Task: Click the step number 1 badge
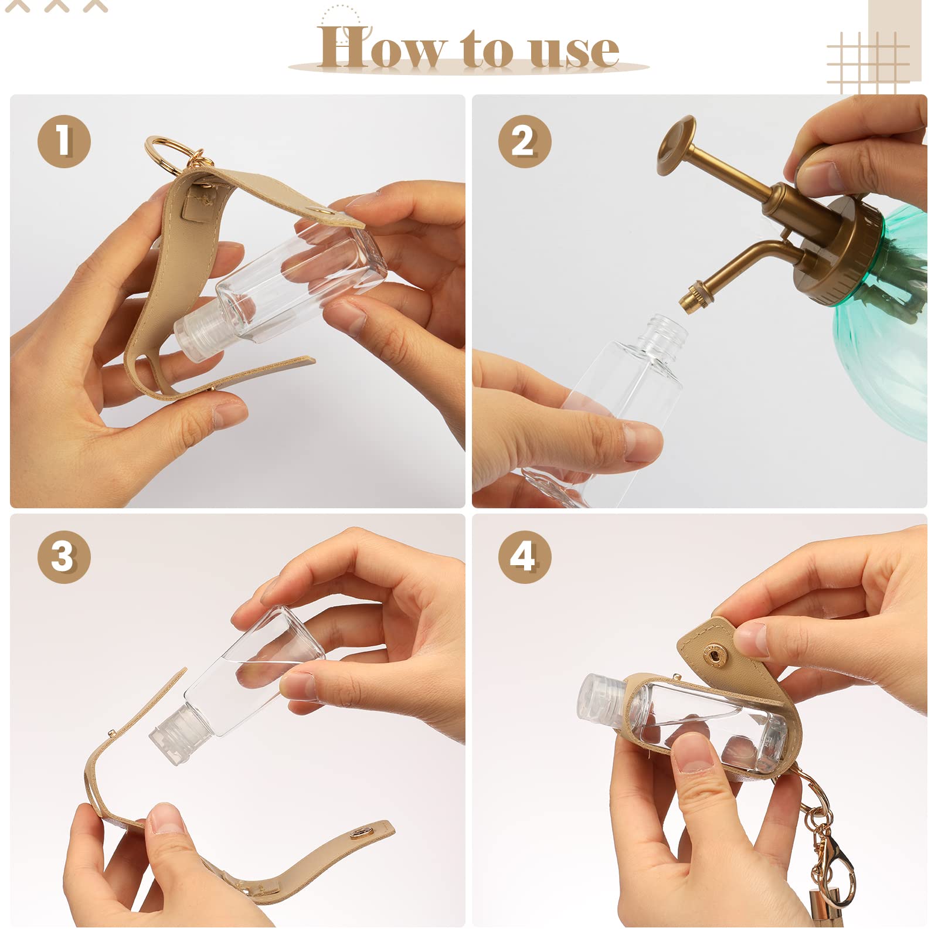tap(64, 141)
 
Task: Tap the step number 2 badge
tap(525, 141)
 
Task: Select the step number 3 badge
tap(64, 556)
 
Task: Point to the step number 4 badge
tap(525, 556)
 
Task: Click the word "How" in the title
tap(381, 46)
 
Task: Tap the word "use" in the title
tap(575, 50)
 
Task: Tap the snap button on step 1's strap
tap(320, 210)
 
